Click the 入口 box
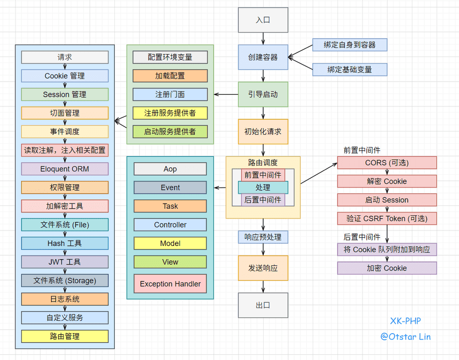263,20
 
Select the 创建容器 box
263,57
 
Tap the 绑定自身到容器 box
349,45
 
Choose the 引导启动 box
263,94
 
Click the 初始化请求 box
263,131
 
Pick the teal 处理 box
263,187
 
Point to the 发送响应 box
263,268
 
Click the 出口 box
263,305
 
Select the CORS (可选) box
387,163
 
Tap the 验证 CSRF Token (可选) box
387,218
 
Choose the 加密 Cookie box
387,268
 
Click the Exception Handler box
170,284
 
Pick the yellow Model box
170,243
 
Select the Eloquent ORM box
64,169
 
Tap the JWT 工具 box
64,262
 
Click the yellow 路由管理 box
64,336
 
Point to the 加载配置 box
170,75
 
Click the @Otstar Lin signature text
405,336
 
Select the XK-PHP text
405,321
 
